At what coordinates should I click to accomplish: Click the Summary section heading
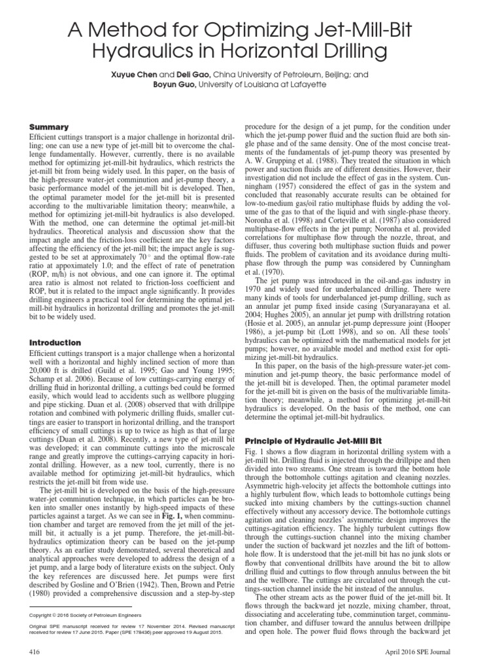pos(50,126)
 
